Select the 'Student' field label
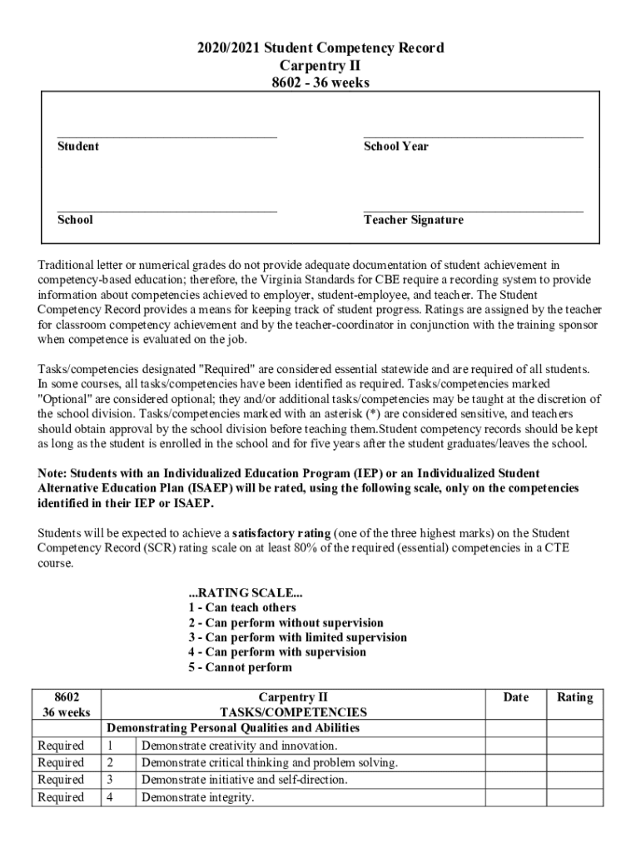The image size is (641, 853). [x=77, y=147]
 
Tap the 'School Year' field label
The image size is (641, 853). [x=395, y=147]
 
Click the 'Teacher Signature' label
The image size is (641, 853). [x=413, y=221]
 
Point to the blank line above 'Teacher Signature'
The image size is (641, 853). [x=473, y=211]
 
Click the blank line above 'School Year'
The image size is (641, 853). [x=473, y=137]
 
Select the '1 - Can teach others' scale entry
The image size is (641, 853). [x=242, y=608]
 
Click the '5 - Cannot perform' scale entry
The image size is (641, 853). [x=240, y=668]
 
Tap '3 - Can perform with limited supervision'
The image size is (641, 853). [x=297, y=638]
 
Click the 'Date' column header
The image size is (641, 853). [x=515, y=697]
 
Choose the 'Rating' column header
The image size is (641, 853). [x=574, y=697]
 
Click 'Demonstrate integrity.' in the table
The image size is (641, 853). [x=197, y=797]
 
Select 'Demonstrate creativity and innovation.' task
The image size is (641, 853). [x=240, y=746]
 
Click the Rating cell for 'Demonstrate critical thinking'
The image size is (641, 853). [x=574, y=763]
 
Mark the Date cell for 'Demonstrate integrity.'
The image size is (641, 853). [x=515, y=797]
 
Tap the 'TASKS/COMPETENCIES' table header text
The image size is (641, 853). [x=293, y=712]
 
